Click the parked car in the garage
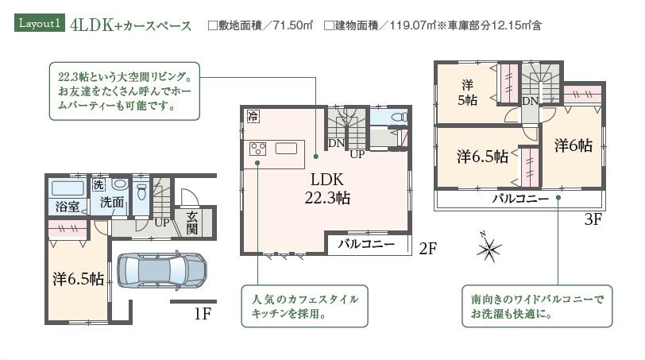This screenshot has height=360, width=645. point(162,269)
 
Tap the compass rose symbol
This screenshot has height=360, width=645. point(487,248)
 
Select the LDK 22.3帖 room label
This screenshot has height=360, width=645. point(325,188)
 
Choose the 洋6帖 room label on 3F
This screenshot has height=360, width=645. point(573,145)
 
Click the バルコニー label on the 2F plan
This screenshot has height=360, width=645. point(366,244)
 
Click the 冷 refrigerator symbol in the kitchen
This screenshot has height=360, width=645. point(253,116)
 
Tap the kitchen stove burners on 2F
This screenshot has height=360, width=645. point(259,148)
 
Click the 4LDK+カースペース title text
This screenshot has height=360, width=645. point(130,25)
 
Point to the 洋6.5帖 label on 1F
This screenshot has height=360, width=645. point(78,279)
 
